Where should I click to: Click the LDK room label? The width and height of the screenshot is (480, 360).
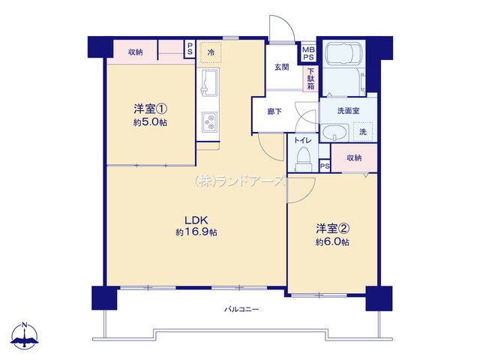[196, 220]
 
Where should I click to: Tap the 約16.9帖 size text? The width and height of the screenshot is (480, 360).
[196, 232]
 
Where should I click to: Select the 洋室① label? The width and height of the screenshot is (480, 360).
[150, 109]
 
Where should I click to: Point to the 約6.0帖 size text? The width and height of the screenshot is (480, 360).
[332, 241]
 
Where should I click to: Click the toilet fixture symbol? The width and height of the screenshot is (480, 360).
[303, 159]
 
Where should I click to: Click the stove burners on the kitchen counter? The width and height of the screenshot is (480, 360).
[210, 121]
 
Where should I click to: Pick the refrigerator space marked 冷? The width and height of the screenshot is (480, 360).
[211, 52]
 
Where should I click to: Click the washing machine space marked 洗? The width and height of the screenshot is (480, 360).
[363, 132]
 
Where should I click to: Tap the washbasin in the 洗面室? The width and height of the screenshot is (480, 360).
[335, 133]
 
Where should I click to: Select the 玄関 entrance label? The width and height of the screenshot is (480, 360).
[282, 67]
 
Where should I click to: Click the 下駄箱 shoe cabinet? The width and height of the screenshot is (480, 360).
[310, 79]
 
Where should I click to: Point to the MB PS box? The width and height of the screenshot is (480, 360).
[308, 52]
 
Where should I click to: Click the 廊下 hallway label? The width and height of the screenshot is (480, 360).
[274, 112]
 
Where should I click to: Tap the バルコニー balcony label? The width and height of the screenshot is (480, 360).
[241, 309]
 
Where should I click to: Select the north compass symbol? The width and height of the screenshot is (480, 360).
[25, 336]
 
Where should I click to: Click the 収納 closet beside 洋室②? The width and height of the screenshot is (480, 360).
[354, 158]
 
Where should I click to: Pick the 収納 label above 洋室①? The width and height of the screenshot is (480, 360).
[135, 52]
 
